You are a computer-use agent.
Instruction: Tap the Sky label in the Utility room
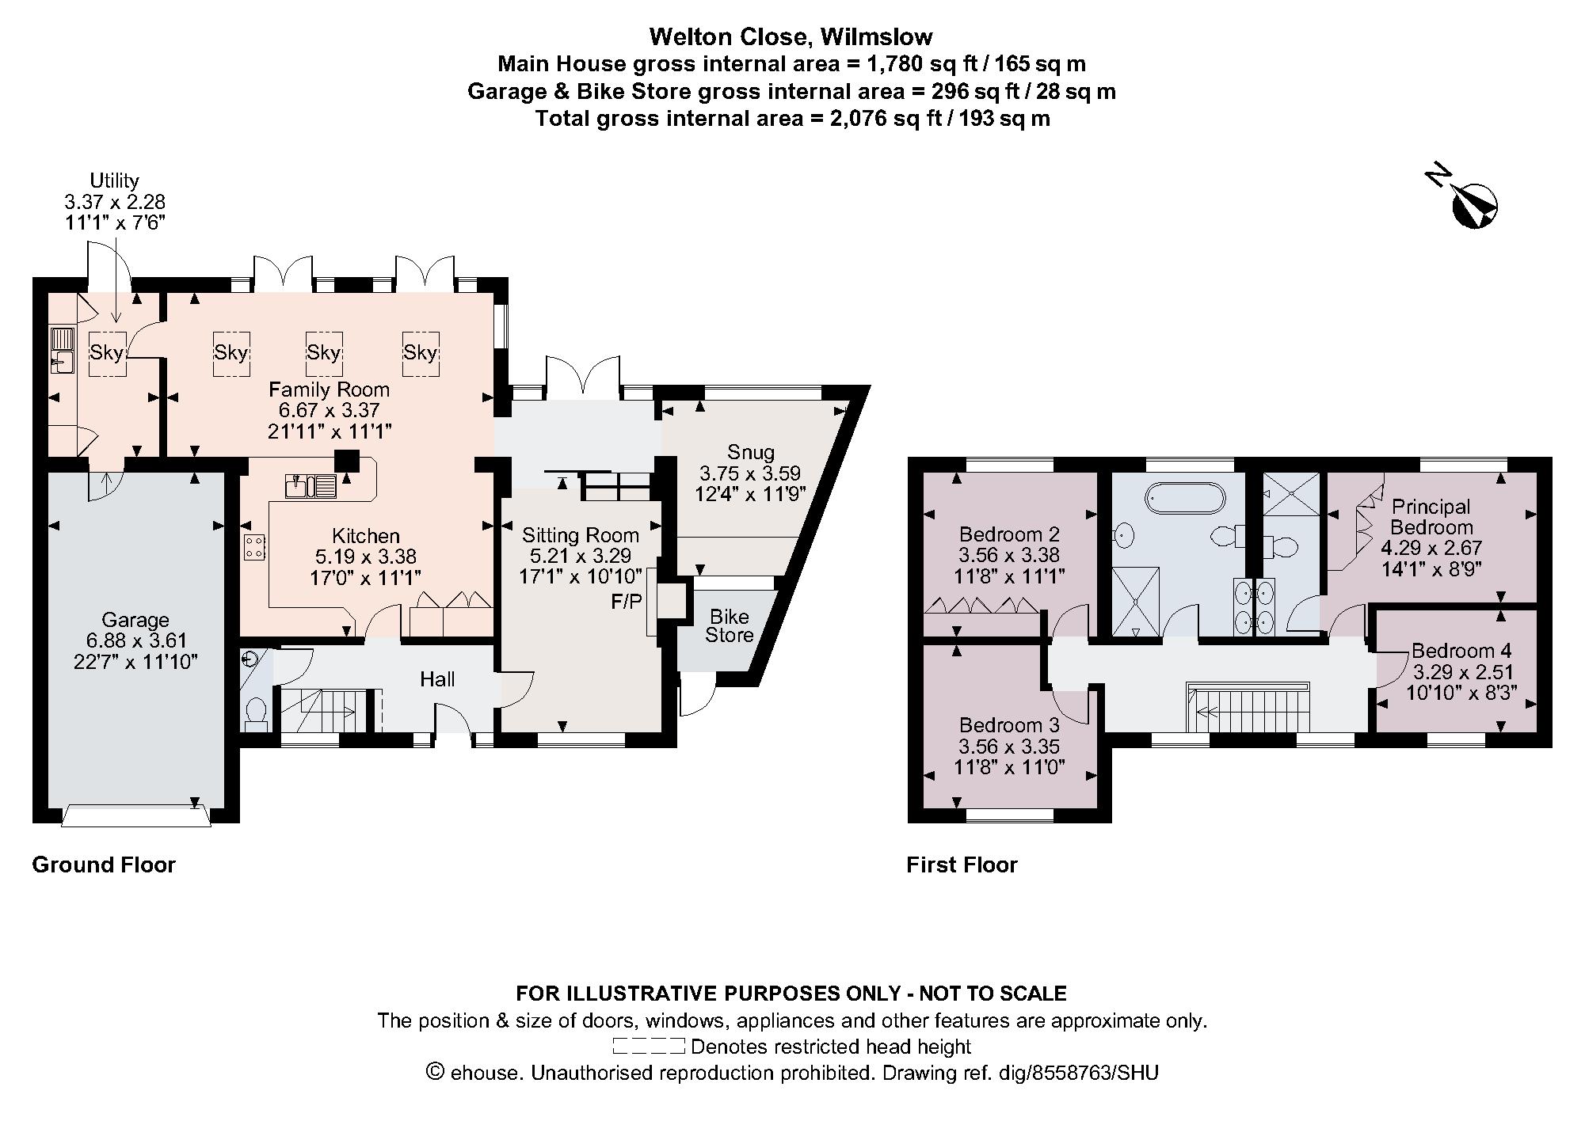click(106, 352)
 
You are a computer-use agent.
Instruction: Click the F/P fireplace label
click(626, 602)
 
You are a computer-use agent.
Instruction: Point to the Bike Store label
click(729, 625)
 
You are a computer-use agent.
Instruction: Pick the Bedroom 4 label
click(1461, 651)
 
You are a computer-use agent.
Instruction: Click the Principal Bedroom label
click(1431, 517)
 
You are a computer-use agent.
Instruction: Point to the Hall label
click(437, 679)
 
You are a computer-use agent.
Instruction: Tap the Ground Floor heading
click(104, 864)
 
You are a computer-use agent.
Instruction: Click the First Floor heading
click(962, 864)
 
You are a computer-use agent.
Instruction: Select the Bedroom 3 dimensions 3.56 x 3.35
click(1009, 747)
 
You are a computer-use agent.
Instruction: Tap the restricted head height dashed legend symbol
click(648, 1047)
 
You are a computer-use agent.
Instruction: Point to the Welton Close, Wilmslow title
click(791, 36)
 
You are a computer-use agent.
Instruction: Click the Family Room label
click(329, 389)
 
